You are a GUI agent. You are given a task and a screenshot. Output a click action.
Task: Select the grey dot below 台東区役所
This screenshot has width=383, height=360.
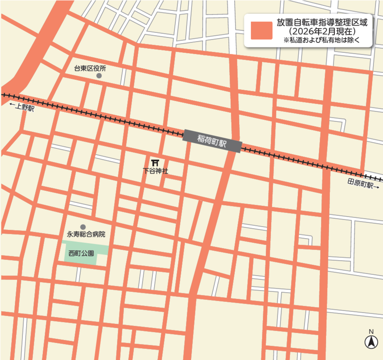click(99, 76)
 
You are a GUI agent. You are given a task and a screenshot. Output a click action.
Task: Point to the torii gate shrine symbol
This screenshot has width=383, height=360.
click(155, 162)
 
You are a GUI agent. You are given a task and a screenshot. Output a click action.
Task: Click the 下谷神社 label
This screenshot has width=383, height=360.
click(155, 171)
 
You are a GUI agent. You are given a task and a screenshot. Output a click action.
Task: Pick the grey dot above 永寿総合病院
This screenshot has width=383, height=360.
click(83, 227)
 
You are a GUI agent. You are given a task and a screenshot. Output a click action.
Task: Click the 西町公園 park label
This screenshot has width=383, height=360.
click(81, 254)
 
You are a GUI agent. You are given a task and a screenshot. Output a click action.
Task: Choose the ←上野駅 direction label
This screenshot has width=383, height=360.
click(22, 107)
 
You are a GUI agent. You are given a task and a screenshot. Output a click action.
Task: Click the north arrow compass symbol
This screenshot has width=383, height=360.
click(371, 342)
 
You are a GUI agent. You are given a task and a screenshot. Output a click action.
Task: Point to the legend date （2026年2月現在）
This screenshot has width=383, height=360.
click(322, 32)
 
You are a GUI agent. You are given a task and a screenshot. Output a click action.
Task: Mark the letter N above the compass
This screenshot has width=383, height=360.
click(371, 332)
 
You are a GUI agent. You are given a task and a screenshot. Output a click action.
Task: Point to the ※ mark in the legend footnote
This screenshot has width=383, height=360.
click(286, 40)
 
